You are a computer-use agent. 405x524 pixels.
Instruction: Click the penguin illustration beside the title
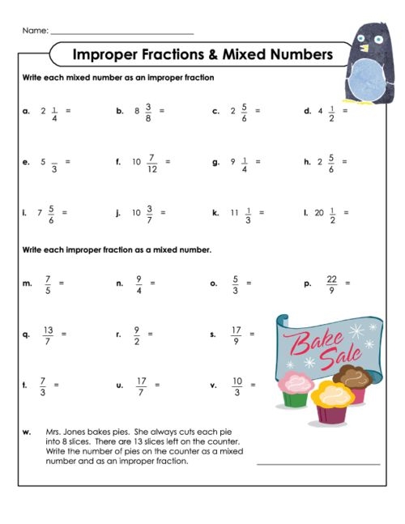369,62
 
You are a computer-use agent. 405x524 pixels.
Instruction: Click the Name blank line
122,33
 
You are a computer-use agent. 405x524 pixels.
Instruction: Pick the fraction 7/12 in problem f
152,161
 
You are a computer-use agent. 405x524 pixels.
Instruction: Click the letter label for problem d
307,111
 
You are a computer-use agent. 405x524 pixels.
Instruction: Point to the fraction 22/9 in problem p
330,283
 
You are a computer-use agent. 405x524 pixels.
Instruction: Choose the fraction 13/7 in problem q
48,334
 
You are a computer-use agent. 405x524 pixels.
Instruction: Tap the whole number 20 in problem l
319,213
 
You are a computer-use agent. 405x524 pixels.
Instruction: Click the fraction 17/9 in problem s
236,334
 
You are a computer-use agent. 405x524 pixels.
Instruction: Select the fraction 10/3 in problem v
237,386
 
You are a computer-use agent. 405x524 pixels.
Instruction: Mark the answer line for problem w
318,464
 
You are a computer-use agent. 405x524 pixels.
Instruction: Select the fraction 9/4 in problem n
139,283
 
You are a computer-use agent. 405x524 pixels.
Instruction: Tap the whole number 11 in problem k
234,213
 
